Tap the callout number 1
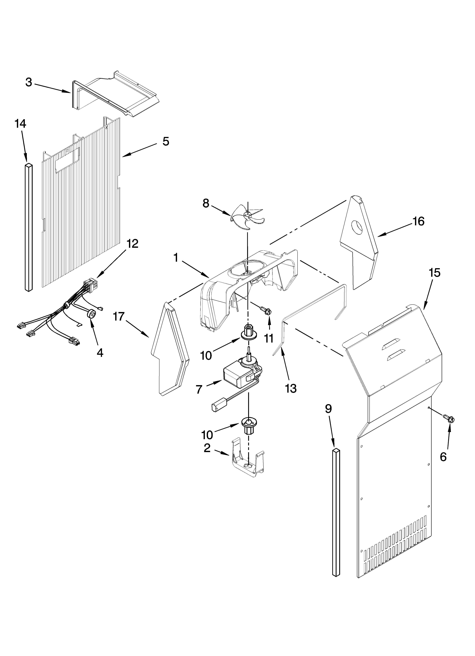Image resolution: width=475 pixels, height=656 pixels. pos(176,257)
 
